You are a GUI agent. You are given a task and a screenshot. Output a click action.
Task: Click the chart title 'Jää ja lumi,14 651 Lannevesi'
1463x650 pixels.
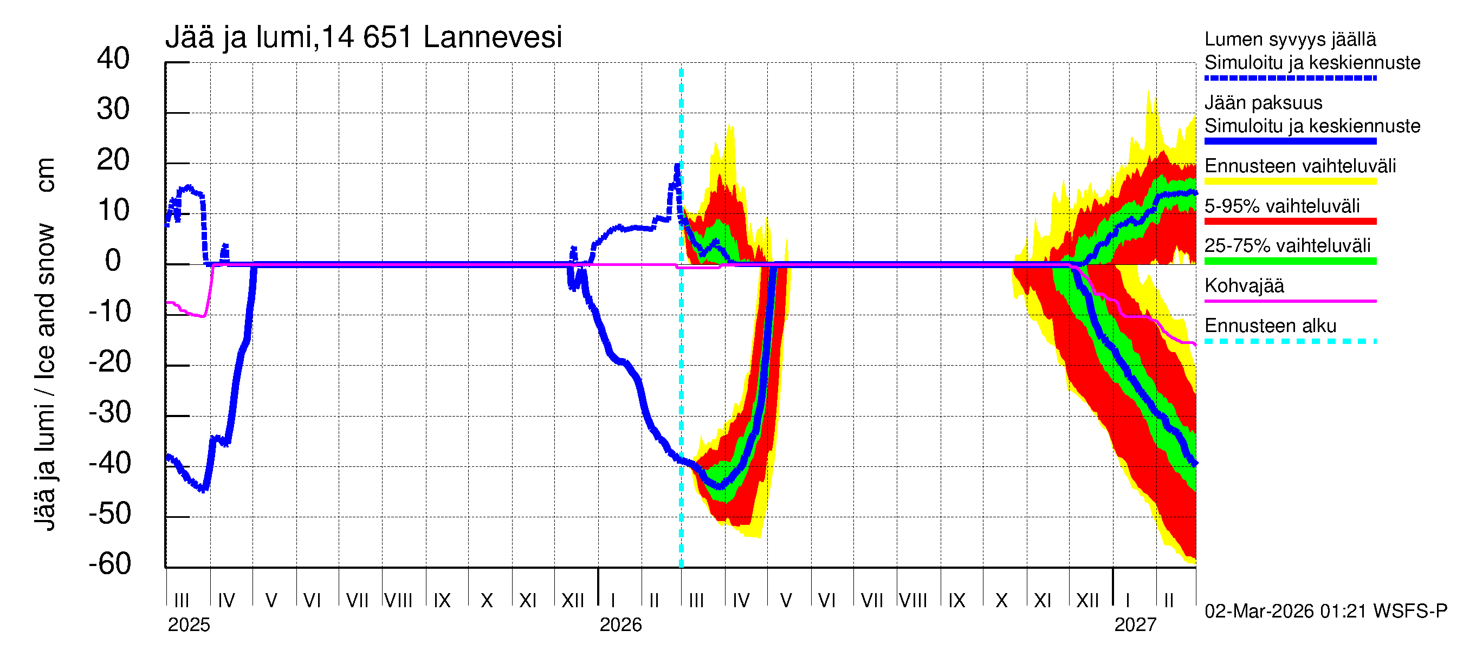click(364, 37)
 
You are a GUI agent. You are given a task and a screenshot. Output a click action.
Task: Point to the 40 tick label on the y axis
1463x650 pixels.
click(113, 58)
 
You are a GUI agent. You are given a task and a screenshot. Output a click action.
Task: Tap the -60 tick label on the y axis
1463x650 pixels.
click(109, 564)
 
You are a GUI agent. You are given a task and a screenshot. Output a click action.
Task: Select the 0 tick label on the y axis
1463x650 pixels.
click(113, 261)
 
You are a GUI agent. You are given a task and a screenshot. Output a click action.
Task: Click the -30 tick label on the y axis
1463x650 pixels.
click(109, 412)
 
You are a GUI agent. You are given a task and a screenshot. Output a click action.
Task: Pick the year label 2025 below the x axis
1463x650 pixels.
click(189, 625)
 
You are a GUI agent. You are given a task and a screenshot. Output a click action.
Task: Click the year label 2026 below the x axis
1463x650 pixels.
click(620, 625)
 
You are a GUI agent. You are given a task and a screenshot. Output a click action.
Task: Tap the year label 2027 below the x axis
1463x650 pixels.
click(1135, 625)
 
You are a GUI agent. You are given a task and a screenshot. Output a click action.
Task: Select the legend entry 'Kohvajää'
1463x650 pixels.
click(1244, 285)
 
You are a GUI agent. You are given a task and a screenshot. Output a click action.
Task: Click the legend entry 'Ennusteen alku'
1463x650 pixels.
click(1270, 326)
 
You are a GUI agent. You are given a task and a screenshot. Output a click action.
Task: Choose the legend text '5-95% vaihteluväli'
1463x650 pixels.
click(1282, 206)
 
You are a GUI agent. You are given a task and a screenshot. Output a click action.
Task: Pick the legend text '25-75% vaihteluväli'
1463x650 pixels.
click(1287, 246)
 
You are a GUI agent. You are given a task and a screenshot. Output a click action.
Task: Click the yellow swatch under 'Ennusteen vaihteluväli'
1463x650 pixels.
click(1290, 181)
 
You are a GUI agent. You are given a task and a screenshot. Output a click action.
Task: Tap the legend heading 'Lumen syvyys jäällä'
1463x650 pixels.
click(1290, 40)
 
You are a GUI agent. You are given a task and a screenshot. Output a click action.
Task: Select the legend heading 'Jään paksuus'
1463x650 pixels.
click(1263, 103)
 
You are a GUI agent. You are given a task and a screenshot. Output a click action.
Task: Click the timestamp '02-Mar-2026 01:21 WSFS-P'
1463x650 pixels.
click(1325, 612)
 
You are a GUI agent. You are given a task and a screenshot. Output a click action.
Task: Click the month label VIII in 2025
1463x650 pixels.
click(398, 600)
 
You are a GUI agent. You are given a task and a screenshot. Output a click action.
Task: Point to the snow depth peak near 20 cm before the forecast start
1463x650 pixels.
click(677, 166)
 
